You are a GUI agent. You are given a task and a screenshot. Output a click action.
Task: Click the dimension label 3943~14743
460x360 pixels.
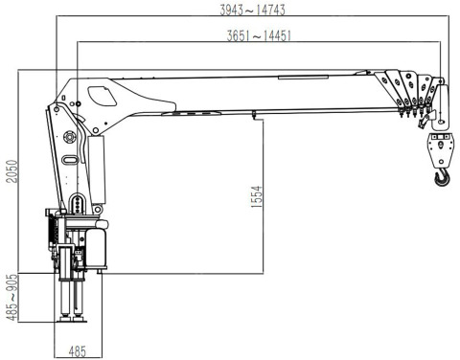coord(252,10)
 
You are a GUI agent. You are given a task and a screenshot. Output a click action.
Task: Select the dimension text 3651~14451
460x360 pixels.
coord(259,35)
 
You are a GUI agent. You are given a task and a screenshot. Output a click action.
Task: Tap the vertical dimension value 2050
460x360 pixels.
coord(12,171)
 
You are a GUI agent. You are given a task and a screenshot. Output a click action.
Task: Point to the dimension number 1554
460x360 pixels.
coord(257,197)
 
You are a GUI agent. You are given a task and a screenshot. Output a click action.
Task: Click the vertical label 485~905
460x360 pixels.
coord(12,297)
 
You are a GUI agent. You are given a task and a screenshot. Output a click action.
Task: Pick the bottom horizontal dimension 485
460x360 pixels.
coord(78,351)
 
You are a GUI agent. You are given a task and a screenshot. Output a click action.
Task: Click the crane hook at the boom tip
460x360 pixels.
coord(442,178)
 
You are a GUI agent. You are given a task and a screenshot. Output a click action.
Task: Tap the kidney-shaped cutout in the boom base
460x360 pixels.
coord(102,96)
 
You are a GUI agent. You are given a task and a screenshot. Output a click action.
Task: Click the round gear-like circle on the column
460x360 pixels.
coord(69,137)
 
